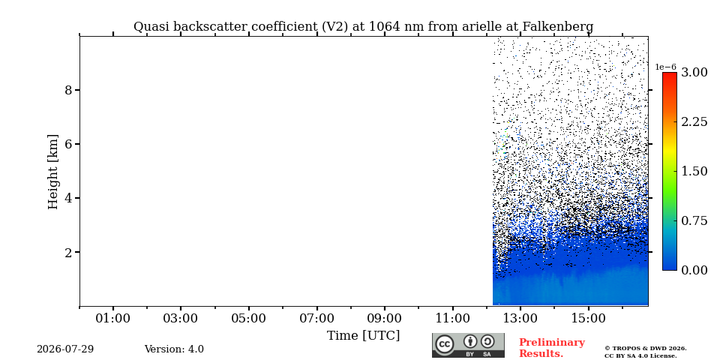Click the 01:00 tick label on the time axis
(x=113, y=318)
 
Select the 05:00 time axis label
(x=249, y=318)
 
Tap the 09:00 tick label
(x=385, y=318)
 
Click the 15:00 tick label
(x=589, y=318)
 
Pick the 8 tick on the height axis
(x=68, y=90)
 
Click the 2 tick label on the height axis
(x=68, y=252)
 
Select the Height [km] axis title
(x=53, y=172)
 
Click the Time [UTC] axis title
(x=363, y=336)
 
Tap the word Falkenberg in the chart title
(x=557, y=27)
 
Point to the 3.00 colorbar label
(x=694, y=72)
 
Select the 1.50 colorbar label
(x=694, y=171)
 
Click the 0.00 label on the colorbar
(x=694, y=270)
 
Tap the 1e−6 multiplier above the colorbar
(x=665, y=67)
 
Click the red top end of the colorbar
(x=670, y=74)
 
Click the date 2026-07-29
(x=65, y=349)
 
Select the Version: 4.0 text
(x=174, y=349)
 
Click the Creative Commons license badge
(x=468, y=345)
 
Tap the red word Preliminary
(x=552, y=343)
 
